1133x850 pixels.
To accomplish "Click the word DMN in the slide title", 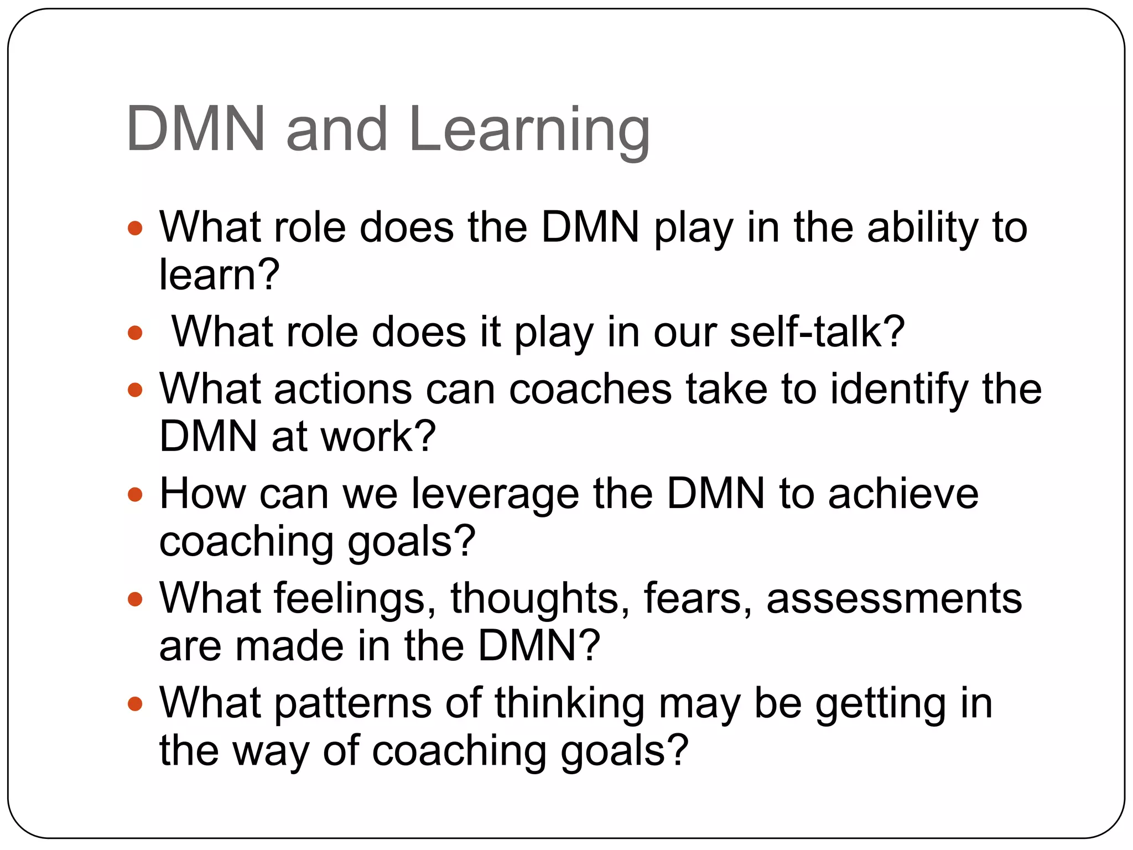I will tap(195, 129).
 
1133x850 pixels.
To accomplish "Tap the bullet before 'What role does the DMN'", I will tap(135, 228).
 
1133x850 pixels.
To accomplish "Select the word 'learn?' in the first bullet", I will tap(219, 275).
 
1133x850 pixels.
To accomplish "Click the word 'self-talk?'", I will tap(817, 332).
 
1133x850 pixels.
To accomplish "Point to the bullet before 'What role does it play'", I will tap(135, 333).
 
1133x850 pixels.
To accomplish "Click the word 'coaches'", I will tap(590, 390).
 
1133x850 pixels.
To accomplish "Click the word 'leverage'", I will tap(495, 495).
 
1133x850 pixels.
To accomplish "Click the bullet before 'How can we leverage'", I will tap(135, 494).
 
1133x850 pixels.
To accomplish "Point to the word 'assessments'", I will tap(894, 599).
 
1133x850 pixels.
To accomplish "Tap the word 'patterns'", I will tap(353, 704).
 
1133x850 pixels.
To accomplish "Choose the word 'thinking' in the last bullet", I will tap(569, 704).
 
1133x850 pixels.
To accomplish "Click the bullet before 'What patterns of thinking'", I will tap(135, 704).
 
